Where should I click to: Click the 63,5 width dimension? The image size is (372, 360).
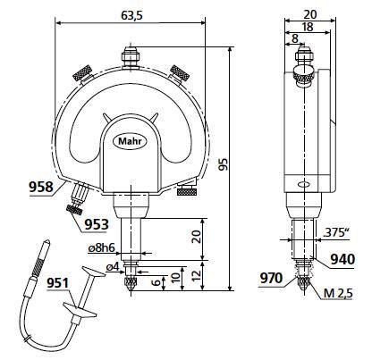point(131,16)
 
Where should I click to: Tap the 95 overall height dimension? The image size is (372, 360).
point(223,164)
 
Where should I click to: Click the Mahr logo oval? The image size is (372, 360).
point(131,141)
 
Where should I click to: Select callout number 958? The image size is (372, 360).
point(41,187)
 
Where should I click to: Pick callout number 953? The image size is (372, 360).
point(95,224)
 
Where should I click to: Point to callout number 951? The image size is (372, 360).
point(58,283)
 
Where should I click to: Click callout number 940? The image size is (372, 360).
point(342,259)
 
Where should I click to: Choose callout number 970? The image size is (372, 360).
point(271,278)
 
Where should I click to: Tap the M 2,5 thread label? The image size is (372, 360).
point(338,294)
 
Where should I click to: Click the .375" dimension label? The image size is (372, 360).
point(336,232)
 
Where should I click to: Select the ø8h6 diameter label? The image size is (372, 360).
point(102,247)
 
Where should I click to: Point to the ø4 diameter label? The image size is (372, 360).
point(113,267)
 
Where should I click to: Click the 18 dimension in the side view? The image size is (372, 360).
point(308,27)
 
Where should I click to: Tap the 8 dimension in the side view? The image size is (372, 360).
point(295,38)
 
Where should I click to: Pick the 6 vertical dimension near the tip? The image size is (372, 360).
point(156,282)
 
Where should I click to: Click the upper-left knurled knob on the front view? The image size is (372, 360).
point(82,73)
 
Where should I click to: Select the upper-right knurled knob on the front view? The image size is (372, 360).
point(180,73)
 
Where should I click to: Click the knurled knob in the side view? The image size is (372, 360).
point(304,75)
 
